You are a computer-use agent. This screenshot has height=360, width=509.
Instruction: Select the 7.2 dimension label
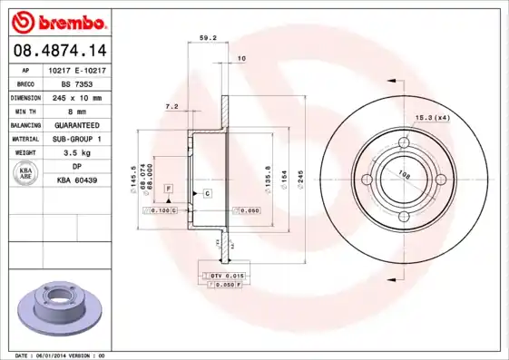click(171, 106)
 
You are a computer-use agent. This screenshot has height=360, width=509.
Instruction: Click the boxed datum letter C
click(207, 194)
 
